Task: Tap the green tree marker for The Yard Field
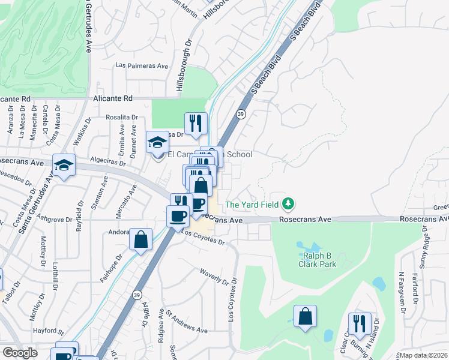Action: coord(289,204)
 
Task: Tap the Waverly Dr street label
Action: coord(214,275)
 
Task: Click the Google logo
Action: coord(20,352)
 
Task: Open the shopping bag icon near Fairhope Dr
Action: coord(140,240)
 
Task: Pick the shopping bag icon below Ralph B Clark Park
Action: coord(305,316)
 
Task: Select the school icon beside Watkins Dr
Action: coord(63,166)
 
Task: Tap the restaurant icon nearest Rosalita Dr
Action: coord(196,124)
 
